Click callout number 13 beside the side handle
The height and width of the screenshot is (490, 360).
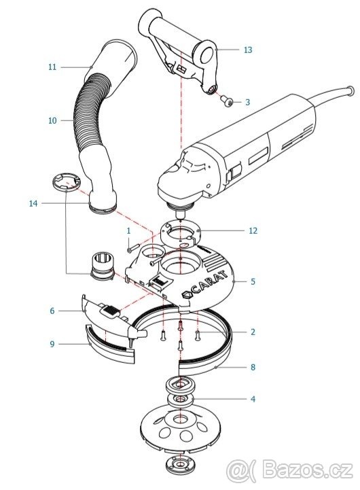(x=248, y=50)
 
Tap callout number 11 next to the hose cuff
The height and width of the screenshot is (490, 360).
(x=52, y=67)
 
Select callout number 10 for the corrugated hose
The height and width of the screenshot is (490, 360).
(x=52, y=120)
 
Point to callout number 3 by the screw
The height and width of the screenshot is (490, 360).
(x=248, y=103)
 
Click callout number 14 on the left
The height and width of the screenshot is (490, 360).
(x=33, y=204)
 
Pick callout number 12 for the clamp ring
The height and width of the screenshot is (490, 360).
(x=253, y=231)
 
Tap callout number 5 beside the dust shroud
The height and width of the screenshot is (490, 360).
(x=253, y=282)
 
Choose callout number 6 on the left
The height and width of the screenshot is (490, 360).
(x=52, y=311)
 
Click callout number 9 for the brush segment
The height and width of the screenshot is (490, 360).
(x=52, y=345)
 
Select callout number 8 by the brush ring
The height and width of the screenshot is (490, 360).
(x=253, y=367)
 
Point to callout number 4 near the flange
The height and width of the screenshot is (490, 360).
(x=253, y=400)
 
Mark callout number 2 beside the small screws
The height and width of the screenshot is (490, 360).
(x=253, y=332)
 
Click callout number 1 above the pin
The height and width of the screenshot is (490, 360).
(x=128, y=231)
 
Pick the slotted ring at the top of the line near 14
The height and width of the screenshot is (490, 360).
(x=66, y=183)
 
